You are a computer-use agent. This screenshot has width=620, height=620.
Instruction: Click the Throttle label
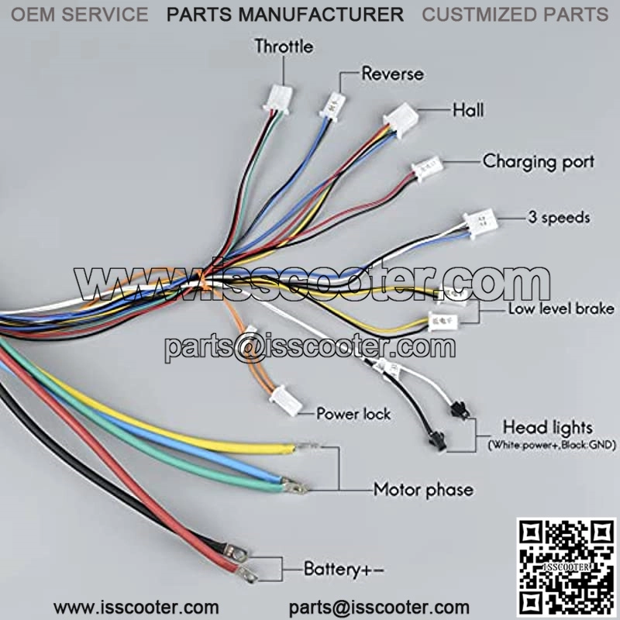pos(284,46)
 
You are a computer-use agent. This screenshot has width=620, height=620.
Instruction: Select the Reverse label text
pos(393,74)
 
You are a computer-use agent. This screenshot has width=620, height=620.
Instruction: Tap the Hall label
pos(468,110)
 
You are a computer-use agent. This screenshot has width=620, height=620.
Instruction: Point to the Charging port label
pos(538,162)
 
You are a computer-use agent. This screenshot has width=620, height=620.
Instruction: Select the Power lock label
pos(353,414)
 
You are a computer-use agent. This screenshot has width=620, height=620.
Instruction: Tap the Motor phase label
pos(423,490)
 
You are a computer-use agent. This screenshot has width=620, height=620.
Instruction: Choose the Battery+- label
pos(343,570)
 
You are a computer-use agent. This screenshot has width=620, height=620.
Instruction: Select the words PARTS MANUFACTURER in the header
pos(285,14)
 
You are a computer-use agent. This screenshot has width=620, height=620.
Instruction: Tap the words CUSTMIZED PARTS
pos(515,14)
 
